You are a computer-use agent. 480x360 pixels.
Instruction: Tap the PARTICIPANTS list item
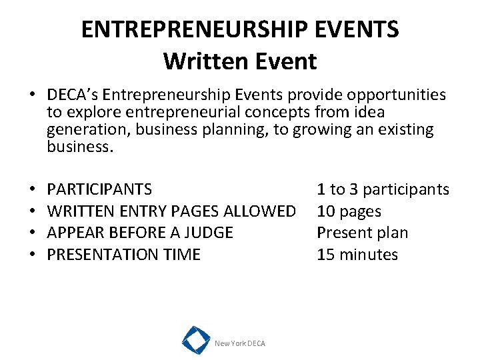coord(99,189)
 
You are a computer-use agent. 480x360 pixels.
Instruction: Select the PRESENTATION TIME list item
coord(123,254)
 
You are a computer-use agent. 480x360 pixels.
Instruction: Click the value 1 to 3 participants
coord(383,189)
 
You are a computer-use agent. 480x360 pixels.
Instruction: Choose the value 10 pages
coord(349,211)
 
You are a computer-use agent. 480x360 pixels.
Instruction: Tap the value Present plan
coord(362,233)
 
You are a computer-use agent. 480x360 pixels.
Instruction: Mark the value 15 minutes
coord(357,254)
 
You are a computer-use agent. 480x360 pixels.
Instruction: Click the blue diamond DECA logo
coord(196,339)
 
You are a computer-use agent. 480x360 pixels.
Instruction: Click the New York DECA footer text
coord(239,343)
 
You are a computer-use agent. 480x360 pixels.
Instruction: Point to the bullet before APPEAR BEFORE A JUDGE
coord(32,233)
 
